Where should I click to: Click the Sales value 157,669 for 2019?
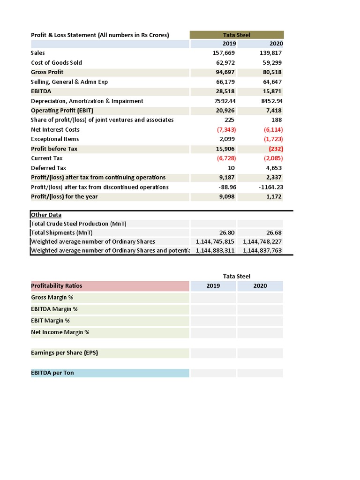tap(224, 53)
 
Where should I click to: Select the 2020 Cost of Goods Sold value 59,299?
tap(272, 62)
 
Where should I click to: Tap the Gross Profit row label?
tap(47, 72)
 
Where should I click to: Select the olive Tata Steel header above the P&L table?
tap(237, 35)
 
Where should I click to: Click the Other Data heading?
tap(46, 215)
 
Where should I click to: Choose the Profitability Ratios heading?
tap(57, 285)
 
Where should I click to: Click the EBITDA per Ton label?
tap(52, 373)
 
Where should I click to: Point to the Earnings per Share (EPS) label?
tap(65, 352)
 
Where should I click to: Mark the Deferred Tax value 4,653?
tap(274, 168)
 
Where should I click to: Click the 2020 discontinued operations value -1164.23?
tap(271, 187)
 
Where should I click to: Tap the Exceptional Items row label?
tap(55, 139)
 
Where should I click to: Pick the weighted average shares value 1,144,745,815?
tap(215, 241)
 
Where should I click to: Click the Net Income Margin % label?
tap(60, 332)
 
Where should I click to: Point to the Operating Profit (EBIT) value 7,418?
tap(274, 111)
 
